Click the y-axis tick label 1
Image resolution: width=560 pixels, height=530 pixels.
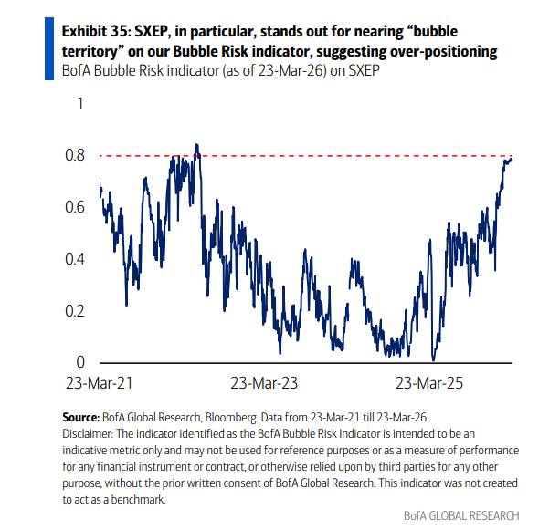[79, 104]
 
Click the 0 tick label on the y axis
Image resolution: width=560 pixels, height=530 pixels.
[79, 363]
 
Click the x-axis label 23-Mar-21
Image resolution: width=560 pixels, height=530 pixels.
[108, 384]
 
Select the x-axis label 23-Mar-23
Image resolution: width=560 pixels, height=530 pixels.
[264, 384]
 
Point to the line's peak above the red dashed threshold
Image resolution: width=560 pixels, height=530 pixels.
[196, 145]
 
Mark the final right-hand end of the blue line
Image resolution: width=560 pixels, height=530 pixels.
[512, 159]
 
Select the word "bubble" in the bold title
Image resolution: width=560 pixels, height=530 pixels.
[474, 31]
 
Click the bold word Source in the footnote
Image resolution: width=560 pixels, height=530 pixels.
[80, 416]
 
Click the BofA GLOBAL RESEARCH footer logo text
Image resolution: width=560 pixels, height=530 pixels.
[461, 515]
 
